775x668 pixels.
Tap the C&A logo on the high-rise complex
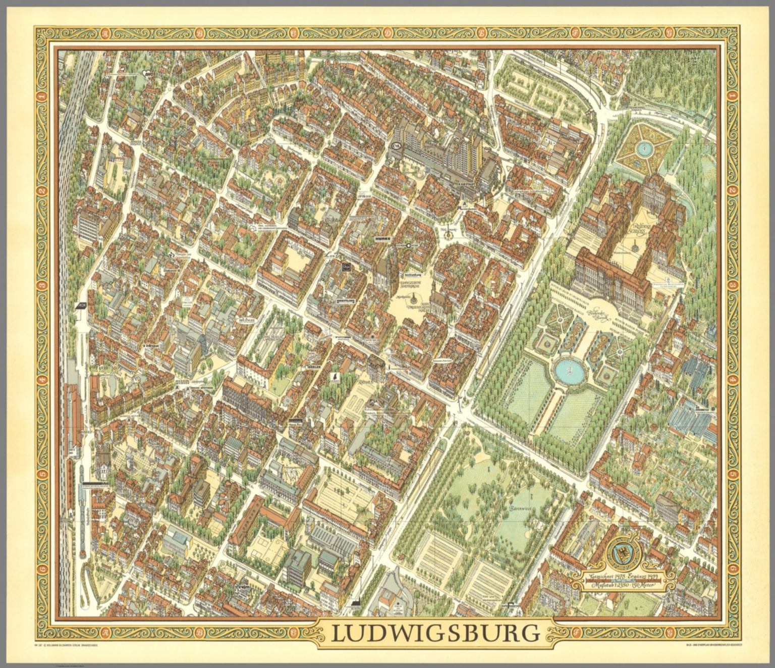coord(394,146)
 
